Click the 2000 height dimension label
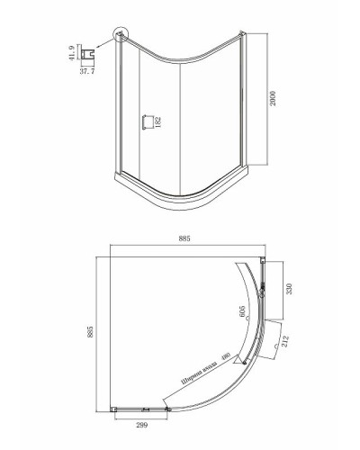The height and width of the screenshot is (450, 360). tap(273, 98)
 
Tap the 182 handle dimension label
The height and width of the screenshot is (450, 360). tap(158, 123)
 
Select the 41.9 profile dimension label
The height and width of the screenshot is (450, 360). tap(72, 53)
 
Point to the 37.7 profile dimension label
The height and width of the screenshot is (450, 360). tap(87, 71)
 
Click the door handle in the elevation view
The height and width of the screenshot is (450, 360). tap(148, 122)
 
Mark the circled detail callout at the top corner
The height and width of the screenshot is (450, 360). tap(121, 34)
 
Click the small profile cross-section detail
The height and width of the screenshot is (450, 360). tap(88, 54)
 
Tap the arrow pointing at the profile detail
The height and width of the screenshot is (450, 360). tap(105, 43)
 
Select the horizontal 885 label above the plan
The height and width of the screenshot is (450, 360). tap(184, 238)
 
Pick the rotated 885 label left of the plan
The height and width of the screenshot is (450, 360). tap(91, 332)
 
